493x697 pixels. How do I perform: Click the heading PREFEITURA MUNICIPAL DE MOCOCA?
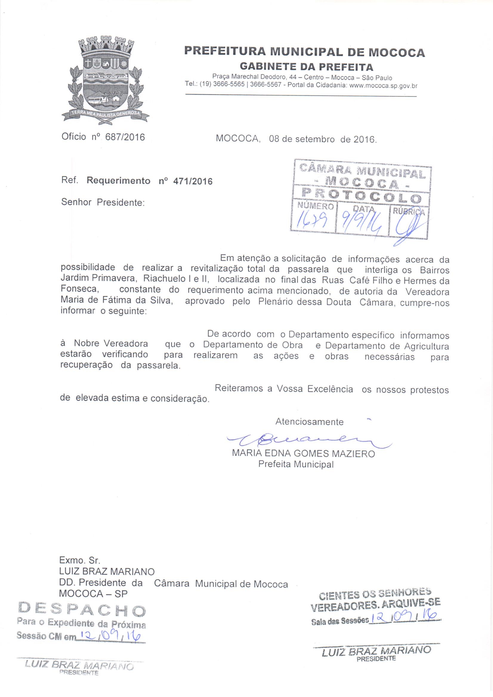(x=305, y=52)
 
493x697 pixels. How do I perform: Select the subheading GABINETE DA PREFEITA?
(x=306, y=66)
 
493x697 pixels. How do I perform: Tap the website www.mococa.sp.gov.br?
(x=383, y=86)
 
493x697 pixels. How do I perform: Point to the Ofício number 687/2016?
(x=125, y=137)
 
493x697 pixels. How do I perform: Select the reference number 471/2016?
(x=193, y=181)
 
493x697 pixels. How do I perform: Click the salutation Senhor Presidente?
(x=103, y=202)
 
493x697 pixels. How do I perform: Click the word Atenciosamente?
(x=309, y=422)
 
